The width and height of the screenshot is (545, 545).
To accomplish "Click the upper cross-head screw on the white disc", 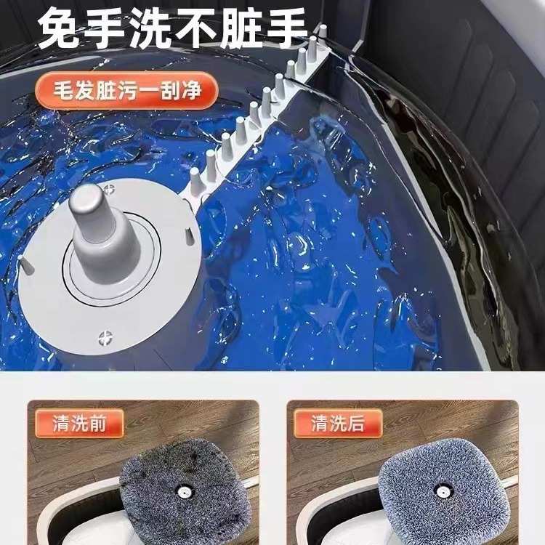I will click(110, 190).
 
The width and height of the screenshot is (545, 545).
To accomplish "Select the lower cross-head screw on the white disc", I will click(106, 337).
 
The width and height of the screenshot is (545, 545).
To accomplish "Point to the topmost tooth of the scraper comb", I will click(323, 31).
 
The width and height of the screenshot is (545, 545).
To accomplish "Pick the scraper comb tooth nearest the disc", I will click(195, 178).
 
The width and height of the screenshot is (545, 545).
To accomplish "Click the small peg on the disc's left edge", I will click(27, 267).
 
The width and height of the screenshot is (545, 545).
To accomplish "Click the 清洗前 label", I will click(78, 424).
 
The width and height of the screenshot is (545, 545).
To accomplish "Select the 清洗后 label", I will click(337, 424).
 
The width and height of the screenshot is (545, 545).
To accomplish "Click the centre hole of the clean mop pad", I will click(440, 490).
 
